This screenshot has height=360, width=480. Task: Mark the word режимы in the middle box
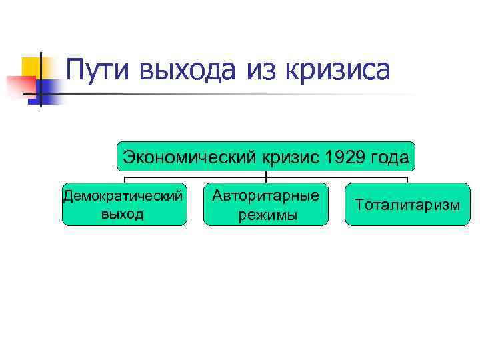point(265,215)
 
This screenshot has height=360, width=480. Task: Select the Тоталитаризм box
point(407,204)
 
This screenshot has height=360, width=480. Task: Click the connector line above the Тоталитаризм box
point(407,179)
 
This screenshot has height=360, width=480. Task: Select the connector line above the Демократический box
point(125,179)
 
